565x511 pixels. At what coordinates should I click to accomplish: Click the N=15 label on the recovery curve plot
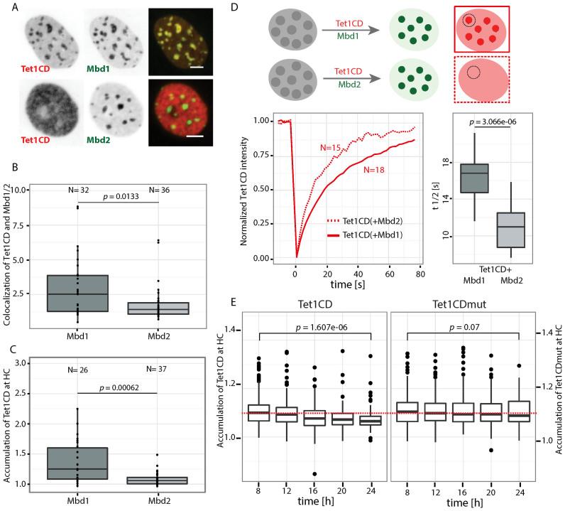point(331,147)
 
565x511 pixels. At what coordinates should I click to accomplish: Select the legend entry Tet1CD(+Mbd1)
point(370,234)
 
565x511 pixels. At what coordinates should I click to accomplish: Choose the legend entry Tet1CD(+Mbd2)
point(370,220)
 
